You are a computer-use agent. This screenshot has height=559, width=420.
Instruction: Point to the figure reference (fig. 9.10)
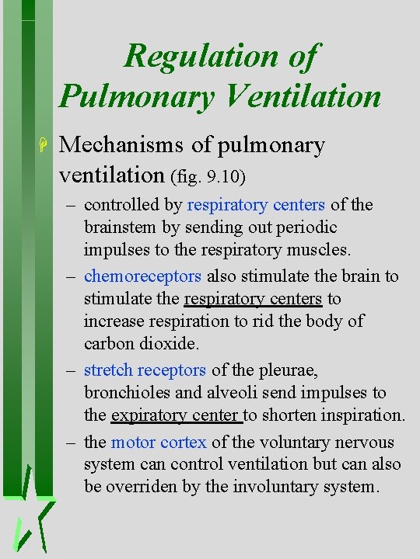coord(208,178)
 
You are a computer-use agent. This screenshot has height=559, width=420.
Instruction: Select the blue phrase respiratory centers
coord(256,205)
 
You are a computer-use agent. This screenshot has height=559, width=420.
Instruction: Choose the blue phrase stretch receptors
coord(145,370)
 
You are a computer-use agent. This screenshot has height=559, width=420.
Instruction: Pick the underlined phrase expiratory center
coord(177,415)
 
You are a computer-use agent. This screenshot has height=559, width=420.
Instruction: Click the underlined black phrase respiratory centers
coord(252,299)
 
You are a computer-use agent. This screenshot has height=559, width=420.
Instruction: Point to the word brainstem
coord(117,227)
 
